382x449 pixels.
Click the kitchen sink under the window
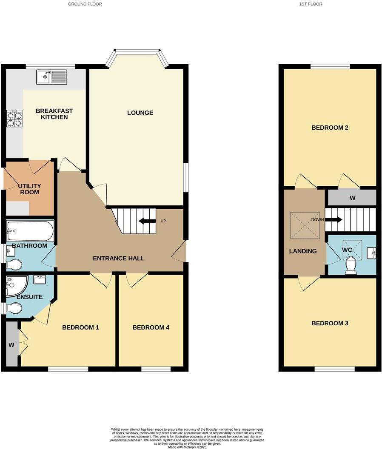(x=51, y=77)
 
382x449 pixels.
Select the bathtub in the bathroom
(x=30, y=231)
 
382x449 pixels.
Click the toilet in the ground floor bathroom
(x=14, y=265)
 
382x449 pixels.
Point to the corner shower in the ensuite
(x=16, y=285)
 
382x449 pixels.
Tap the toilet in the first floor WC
(x=351, y=265)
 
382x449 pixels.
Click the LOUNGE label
(x=140, y=113)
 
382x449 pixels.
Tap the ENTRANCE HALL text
(x=119, y=258)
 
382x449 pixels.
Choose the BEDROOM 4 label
(x=151, y=327)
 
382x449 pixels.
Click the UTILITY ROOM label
(x=29, y=189)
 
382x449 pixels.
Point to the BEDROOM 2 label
(x=330, y=128)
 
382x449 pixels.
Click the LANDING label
(x=303, y=251)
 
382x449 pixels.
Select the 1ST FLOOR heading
(x=311, y=4)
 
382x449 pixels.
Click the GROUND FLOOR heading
(x=85, y=4)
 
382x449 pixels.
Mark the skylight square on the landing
(x=305, y=225)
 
